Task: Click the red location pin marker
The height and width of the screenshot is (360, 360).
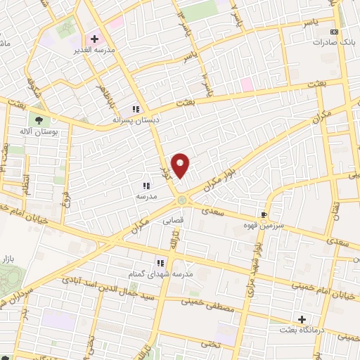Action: [x=181, y=165]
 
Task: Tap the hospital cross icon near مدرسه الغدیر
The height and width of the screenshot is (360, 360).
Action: [x=94, y=39]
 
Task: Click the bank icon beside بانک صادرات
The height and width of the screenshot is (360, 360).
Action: [x=334, y=32]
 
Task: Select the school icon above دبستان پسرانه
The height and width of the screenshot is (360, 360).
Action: [x=136, y=109]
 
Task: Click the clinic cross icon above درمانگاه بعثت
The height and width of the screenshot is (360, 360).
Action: [x=302, y=319]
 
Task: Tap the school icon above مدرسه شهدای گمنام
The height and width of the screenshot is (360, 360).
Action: [x=160, y=262]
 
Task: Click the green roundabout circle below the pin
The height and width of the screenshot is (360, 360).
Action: [x=183, y=200]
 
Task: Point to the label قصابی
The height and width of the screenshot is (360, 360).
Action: [x=172, y=219]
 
